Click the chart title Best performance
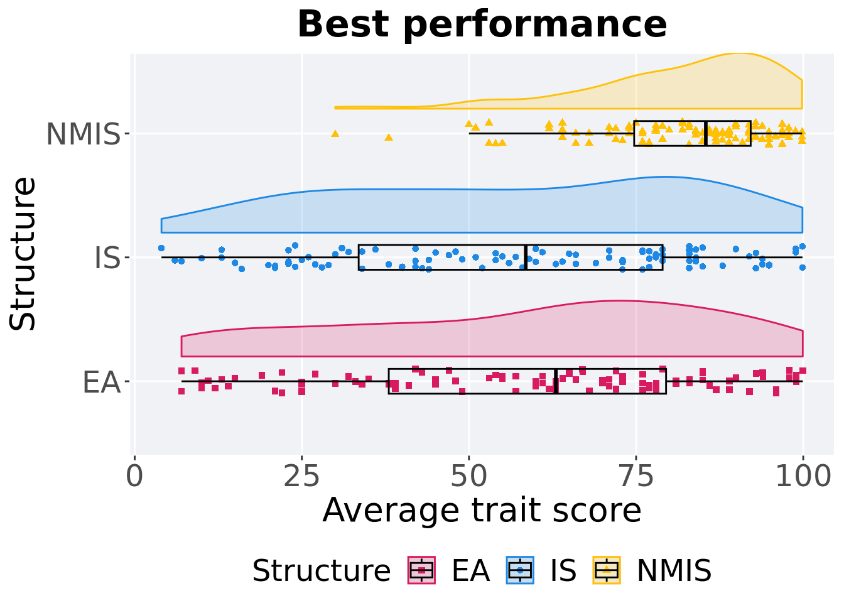482,25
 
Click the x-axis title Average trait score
482,510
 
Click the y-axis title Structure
24,254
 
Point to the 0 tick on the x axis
134,477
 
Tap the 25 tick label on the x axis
301,477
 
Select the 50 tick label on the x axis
468,477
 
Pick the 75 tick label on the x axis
636,477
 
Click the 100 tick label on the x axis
803,477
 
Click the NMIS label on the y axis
83,134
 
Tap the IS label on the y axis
107,258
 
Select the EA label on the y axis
101,382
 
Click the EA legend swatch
421,570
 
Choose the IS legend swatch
520,570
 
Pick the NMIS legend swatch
607,570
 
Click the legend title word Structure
321,571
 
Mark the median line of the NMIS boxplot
706,133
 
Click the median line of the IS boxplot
526,257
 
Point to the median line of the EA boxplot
556,381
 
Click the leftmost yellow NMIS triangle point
335,133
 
